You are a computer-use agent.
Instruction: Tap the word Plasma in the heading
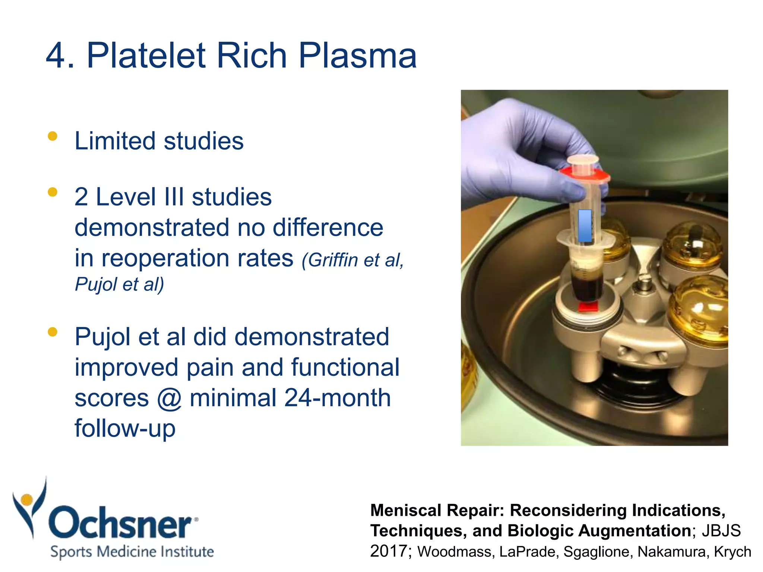pyautogui.click(x=357, y=56)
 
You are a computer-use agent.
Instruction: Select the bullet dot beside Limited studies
pyautogui.click(x=53, y=136)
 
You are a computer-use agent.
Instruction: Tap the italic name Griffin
pyautogui.click(x=333, y=260)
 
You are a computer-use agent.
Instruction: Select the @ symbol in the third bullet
pyautogui.click(x=169, y=398)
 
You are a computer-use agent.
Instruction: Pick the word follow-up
pyautogui.click(x=125, y=428)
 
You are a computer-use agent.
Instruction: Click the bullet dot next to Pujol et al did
pyautogui.click(x=53, y=332)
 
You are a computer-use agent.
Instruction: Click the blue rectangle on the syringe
pyautogui.click(x=585, y=226)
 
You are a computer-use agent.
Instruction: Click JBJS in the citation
pyautogui.click(x=721, y=531)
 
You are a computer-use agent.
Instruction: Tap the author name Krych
pyautogui.click(x=732, y=552)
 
